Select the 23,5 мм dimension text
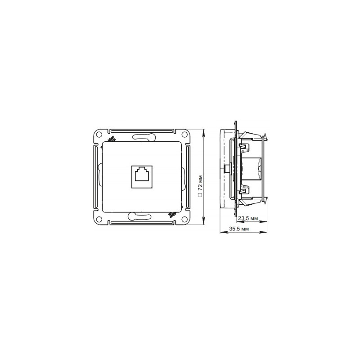pyautogui.click(x=248, y=218)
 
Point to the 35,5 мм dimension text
pyautogui.click(x=239, y=229)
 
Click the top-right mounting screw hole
pyautogui.click(x=183, y=134)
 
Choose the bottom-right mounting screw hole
pyautogui.click(x=183, y=219)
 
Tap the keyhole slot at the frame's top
pyautogui.click(x=141, y=137)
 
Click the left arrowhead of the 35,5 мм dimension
pyautogui.click(x=220, y=233)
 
